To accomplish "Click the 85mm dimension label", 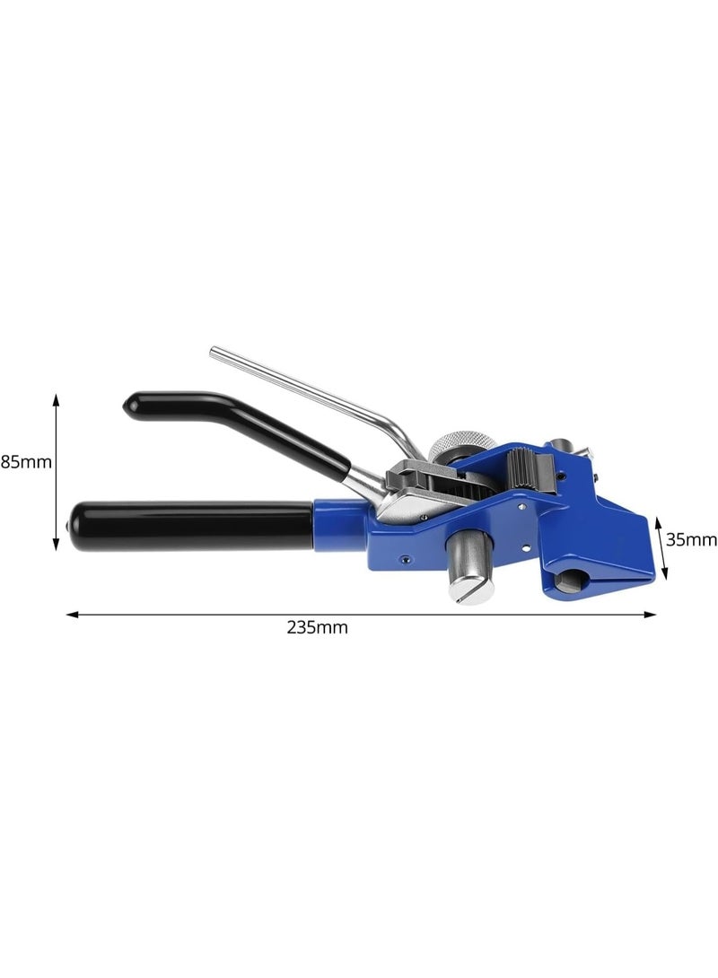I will point(26,462).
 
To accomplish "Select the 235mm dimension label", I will point(317,627).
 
